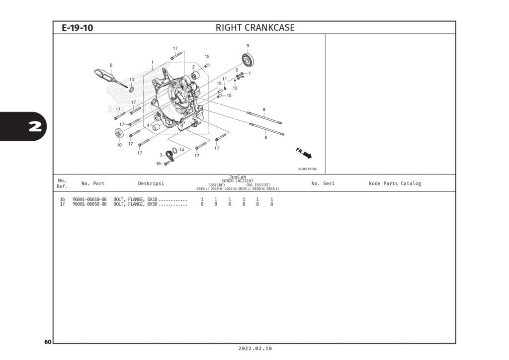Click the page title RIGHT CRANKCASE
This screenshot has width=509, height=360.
(254, 28)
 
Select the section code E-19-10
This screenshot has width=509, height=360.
(77, 28)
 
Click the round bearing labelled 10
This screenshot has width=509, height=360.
(119, 134)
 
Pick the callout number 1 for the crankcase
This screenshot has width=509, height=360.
(152, 63)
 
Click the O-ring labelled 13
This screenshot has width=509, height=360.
(131, 90)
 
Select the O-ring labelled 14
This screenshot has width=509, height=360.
(175, 151)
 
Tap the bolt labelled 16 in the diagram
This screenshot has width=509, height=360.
(167, 163)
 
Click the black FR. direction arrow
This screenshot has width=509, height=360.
(306, 155)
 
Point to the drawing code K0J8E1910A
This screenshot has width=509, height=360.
(307, 169)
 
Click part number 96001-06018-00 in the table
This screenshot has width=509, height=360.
(89, 199)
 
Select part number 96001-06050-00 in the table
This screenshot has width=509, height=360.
(89, 204)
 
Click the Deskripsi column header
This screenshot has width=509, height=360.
(151, 183)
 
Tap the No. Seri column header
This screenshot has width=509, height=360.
(323, 183)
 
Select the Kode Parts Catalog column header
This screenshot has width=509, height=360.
(395, 183)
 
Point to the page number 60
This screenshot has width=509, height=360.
(47, 342)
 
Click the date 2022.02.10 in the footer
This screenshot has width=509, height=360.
(255, 349)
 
